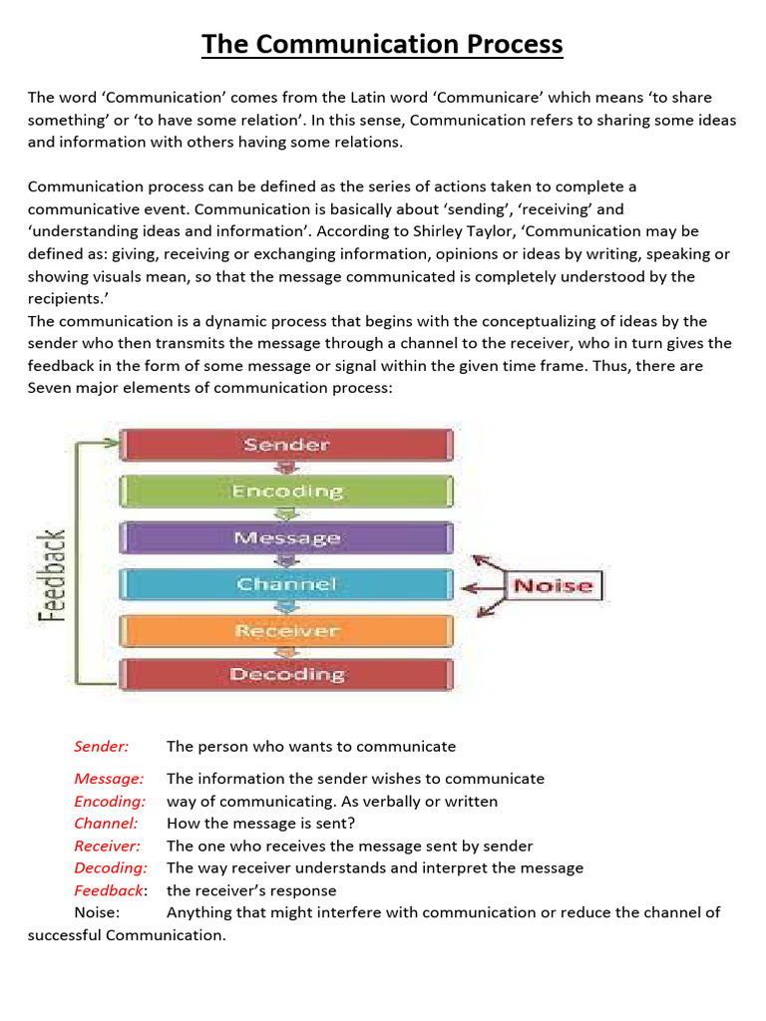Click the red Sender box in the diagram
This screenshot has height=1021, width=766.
[286, 445]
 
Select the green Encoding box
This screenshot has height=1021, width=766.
[286, 491]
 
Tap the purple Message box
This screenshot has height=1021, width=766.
[286, 537]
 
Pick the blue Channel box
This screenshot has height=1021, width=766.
[286, 584]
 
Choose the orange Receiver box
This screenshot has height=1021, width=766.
[286, 630]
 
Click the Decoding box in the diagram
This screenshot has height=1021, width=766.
[286, 675]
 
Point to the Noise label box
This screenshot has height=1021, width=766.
[552, 585]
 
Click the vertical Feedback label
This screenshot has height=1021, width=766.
[52, 575]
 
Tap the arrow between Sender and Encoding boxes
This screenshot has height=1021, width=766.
[287, 468]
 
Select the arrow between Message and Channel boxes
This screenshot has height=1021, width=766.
[287, 561]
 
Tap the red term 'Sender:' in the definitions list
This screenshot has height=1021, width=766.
[101, 746]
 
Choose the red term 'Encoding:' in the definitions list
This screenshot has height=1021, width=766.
[110, 801]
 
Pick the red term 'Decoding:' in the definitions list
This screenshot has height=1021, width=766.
[111, 867]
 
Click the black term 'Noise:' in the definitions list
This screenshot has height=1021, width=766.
[97, 912]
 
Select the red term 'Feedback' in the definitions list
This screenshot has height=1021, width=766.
[108, 890]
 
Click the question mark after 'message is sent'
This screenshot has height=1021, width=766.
[350, 824]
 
